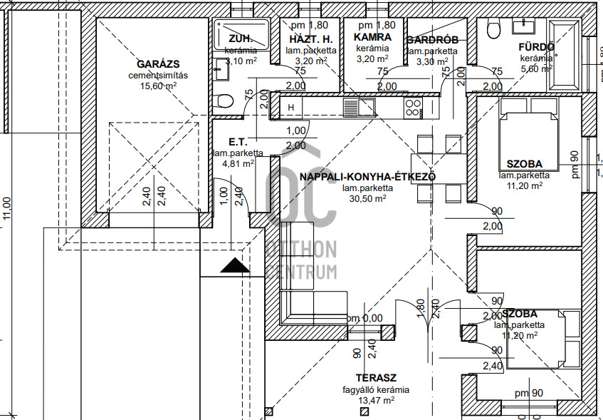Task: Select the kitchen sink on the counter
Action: [352, 108]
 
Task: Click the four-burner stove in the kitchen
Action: [412, 108]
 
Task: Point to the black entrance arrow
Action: [235, 267]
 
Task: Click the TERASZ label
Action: [377, 377]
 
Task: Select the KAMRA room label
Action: [372, 36]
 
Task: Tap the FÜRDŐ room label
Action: [536, 47]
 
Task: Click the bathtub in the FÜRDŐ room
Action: [566, 56]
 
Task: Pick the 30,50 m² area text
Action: [367, 199]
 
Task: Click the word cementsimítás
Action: [157, 75]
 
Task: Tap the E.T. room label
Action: [237, 143]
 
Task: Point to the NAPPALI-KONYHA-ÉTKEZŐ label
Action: [367, 177]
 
